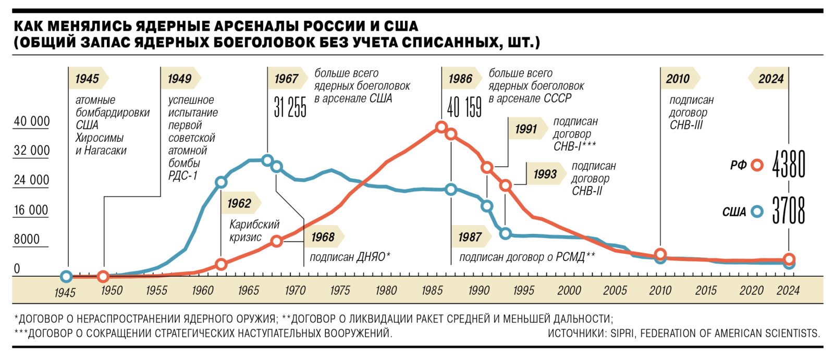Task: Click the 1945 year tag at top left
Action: (x=87, y=79)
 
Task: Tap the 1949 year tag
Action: (x=180, y=79)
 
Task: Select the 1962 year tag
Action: (x=239, y=203)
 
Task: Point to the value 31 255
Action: (x=290, y=107)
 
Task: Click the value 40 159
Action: (x=464, y=107)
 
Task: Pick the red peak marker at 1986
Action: (x=441, y=127)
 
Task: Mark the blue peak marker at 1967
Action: (x=267, y=160)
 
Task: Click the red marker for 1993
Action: (x=505, y=185)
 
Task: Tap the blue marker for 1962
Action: (x=221, y=182)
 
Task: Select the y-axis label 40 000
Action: (x=32, y=121)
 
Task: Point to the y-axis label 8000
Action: (x=27, y=239)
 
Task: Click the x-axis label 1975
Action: (x=340, y=291)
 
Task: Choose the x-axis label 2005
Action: (x=615, y=291)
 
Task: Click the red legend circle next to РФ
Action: (x=757, y=165)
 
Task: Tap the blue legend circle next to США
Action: (x=757, y=212)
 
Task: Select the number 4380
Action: (x=789, y=164)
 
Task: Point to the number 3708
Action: (x=789, y=210)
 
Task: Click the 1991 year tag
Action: (x=526, y=129)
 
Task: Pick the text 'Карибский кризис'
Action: (x=254, y=231)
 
